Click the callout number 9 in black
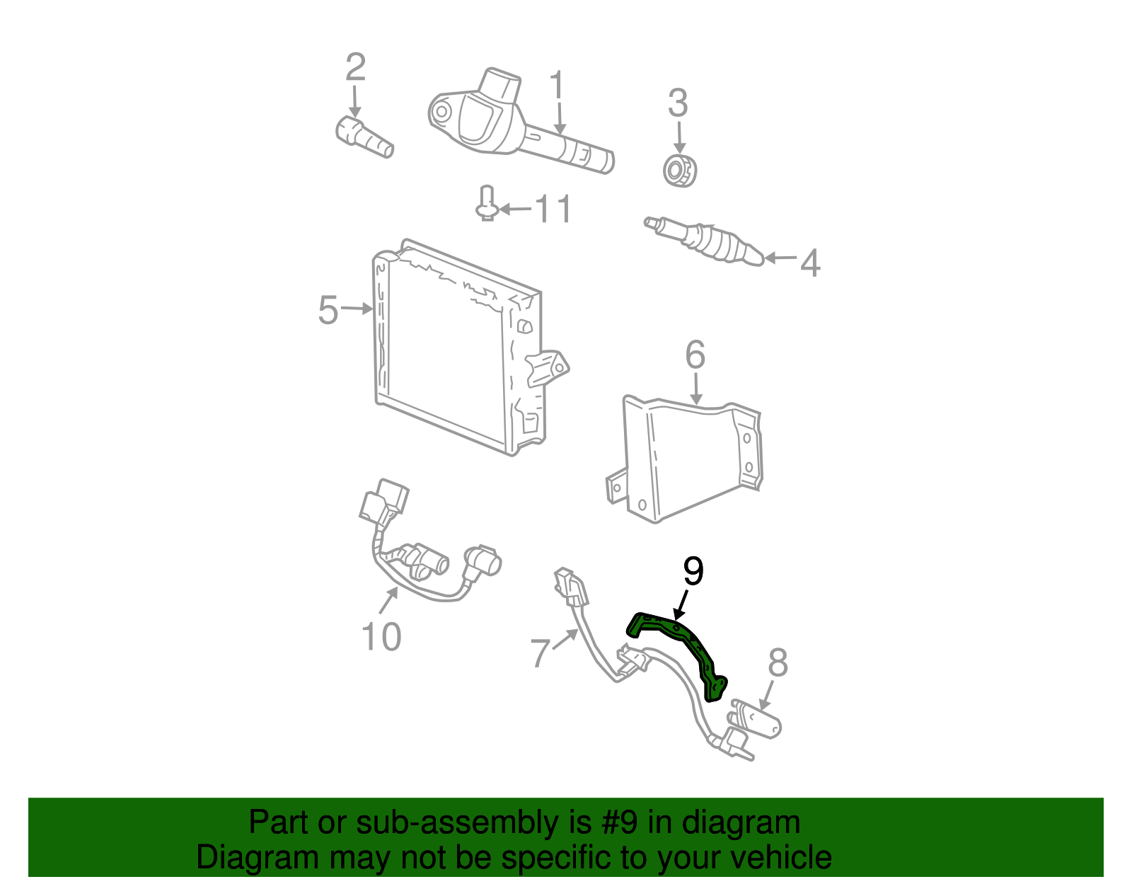point(693,572)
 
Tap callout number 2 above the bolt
point(355,67)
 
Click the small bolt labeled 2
point(363,138)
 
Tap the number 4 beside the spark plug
point(810,263)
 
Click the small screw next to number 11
point(486,205)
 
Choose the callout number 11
point(553,209)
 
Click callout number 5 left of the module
point(328,310)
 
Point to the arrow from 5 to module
point(357,308)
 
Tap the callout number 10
point(381,637)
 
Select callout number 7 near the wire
point(540,653)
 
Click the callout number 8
point(777,663)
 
